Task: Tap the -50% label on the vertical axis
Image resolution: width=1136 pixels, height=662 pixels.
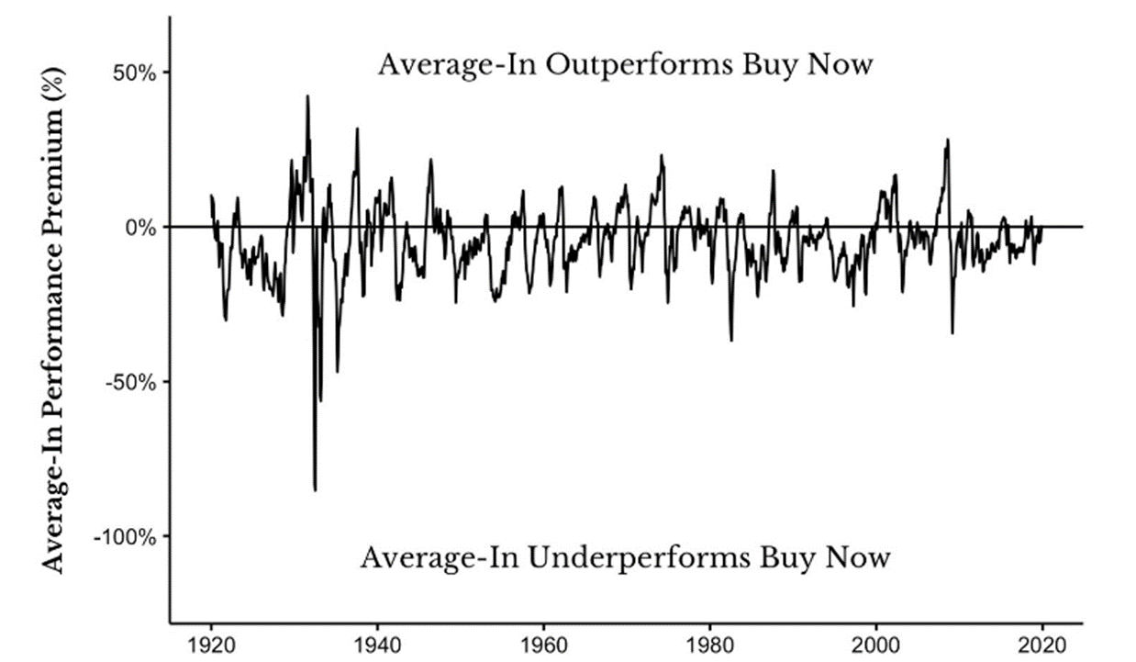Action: click(130, 381)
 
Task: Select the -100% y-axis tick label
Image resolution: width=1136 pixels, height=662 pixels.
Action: click(126, 535)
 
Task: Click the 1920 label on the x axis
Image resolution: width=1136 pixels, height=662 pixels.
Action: click(211, 642)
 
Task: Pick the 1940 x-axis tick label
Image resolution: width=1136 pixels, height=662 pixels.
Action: click(377, 642)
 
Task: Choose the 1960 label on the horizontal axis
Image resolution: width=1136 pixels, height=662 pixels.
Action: click(544, 642)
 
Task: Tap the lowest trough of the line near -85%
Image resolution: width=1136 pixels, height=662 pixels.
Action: click(315, 490)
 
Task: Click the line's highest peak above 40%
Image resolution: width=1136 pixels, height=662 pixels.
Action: click(307, 95)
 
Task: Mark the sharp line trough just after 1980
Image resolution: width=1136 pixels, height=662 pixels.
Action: click(731, 341)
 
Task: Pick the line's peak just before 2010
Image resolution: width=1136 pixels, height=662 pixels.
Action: click(948, 140)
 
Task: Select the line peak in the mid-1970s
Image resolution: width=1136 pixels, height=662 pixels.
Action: click(661, 155)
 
